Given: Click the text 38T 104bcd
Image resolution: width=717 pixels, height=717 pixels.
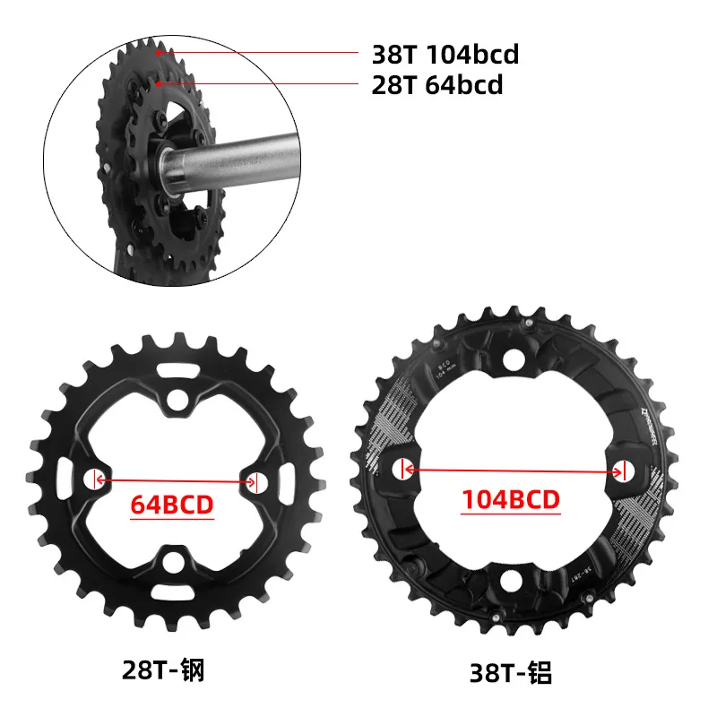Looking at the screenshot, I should point(445,55).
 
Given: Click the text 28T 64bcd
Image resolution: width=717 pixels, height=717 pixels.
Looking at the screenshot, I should point(436,86).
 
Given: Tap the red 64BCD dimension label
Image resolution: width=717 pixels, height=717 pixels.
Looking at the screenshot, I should point(173,505).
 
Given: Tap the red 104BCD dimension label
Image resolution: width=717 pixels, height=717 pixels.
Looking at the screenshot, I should point(511,499).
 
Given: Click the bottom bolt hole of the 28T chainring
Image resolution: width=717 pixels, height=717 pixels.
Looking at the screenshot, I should point(176,563).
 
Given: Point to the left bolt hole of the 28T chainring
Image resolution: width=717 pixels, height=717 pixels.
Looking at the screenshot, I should point(94,479).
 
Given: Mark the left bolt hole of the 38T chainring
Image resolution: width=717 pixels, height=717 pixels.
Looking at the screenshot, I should point(403,468).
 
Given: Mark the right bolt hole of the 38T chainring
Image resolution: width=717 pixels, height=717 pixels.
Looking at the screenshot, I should point(624,468).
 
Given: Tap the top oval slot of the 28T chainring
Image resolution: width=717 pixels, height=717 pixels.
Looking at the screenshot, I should point(177,369).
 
